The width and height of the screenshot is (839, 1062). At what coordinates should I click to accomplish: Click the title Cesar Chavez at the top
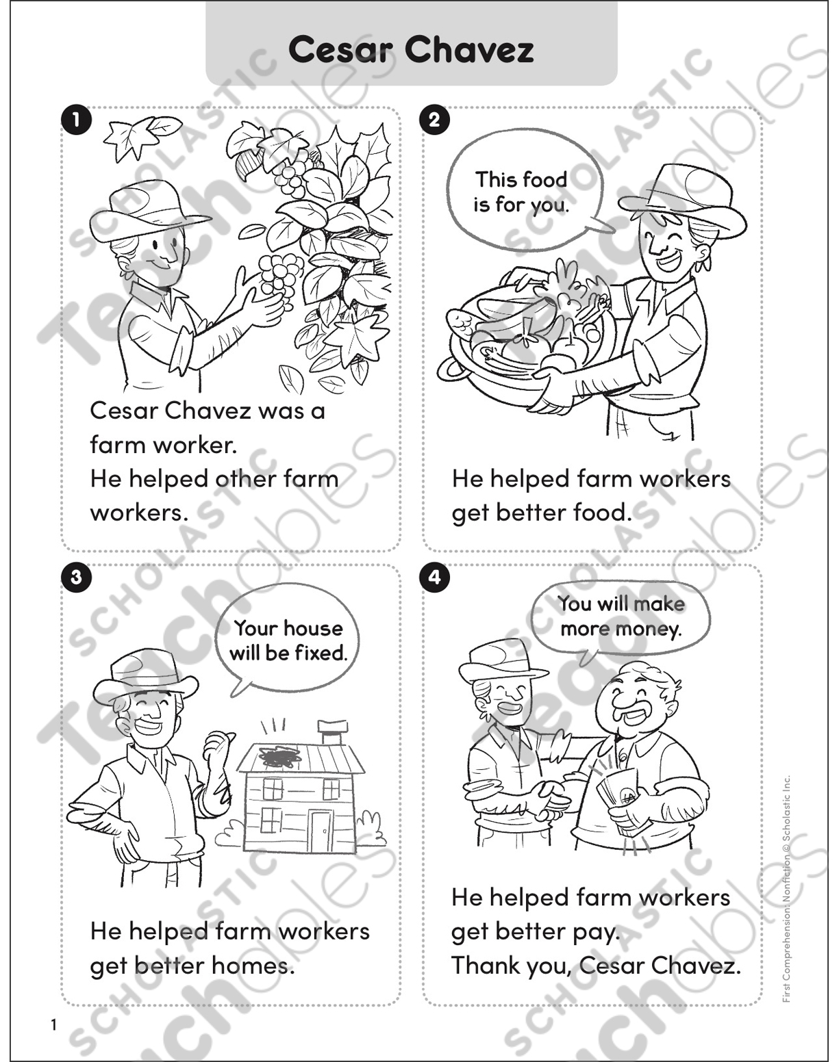(411, 49)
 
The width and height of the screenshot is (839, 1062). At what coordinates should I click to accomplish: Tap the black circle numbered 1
(76, 120)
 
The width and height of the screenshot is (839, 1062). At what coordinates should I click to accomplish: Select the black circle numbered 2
(434, 120)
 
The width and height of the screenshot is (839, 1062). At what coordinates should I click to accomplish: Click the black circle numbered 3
(76, 577)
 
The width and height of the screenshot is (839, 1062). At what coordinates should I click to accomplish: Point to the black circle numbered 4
(434, 577)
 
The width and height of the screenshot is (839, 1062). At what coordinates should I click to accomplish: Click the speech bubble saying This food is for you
(522, 192)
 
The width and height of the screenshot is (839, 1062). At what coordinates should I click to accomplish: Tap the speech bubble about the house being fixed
(288, 640)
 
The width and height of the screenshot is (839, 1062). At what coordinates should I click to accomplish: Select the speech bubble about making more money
(621, 616)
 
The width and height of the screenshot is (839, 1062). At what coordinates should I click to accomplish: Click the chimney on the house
(333, 732)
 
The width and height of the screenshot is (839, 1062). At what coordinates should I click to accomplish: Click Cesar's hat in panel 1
(147, 209)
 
